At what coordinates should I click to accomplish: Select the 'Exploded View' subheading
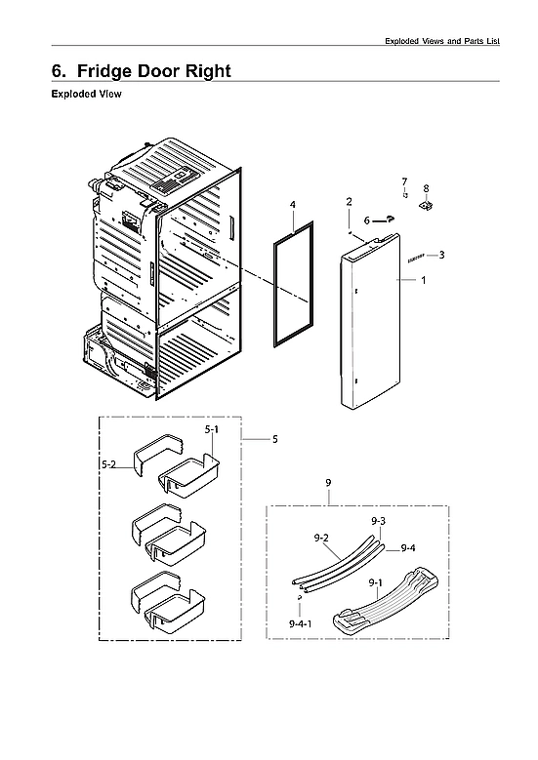pos(85,96)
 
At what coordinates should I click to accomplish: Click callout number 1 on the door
pos(423,280)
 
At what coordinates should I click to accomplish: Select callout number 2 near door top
pos(349,201)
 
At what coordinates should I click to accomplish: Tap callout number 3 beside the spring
pos(441,256)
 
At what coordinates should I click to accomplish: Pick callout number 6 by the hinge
pos(367,221)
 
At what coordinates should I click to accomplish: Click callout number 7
pos(403,181)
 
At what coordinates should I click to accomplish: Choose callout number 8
pos(426,188)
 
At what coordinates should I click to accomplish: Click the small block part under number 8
pos(426,206)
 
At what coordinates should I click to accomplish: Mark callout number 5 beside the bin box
pos(274,440)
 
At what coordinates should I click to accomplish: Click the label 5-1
pos(212,430)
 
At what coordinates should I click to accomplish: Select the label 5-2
pos(110,466)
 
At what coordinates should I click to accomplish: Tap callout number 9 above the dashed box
pos(328,483)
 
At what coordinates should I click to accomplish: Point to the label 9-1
pos(374,582)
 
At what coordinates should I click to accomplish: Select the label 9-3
pos(378,523)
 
